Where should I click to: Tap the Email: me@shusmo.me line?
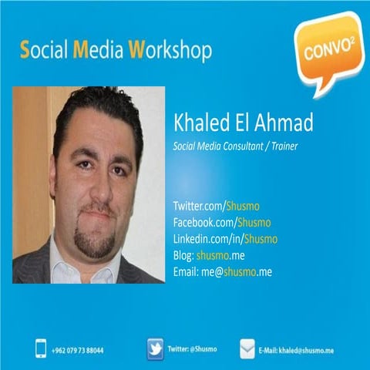pyautogui.click(x=223, y=271)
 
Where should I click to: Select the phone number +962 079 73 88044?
pyautogui.click(x=78, y=350)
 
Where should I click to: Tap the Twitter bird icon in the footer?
pyautogui.click(x=154, y=349)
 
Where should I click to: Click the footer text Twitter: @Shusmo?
pyautogui.click(x=192, y=349)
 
